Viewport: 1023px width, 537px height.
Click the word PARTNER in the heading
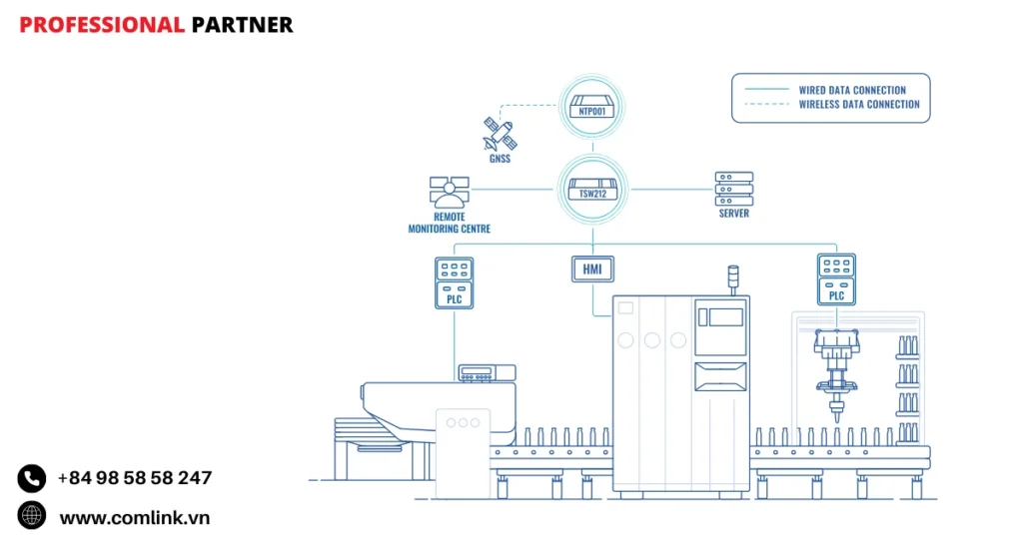(x=242, y=25)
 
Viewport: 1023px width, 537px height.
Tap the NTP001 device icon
(x=593, y=104)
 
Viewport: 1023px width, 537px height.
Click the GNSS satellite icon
(x=499, y=134)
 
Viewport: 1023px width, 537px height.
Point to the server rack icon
(x=733, y=189)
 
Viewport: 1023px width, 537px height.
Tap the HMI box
(x=592, y=268)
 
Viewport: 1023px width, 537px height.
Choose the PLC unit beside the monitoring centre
(x=454, y=282)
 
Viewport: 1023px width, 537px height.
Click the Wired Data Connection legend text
(x=852, y=90)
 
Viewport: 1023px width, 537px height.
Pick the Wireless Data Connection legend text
(x=859, y=105)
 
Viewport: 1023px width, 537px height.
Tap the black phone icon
(x=32, y=479)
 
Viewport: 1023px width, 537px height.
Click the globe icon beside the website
(x=32, y=516)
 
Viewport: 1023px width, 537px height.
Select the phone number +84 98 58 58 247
(x=135, y=478)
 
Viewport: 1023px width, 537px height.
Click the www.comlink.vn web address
(x=135, y=517)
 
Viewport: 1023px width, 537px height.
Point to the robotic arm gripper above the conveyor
(x=837, y=379)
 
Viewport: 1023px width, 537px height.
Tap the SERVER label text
(x=733, y=214)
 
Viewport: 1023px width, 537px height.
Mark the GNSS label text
(x=499, y=159)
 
